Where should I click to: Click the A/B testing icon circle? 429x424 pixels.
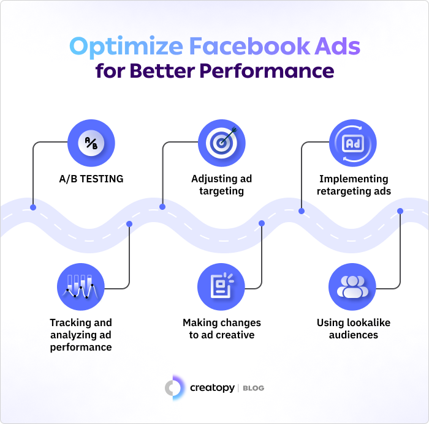(91, 143)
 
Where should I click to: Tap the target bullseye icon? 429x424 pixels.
(222, 143)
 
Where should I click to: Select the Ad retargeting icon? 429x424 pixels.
(353, 143)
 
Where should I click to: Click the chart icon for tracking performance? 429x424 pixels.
(81, 287)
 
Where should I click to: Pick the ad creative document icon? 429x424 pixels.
(221, 287)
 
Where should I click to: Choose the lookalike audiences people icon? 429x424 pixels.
(352, 287)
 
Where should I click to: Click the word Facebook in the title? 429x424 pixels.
(249, 46)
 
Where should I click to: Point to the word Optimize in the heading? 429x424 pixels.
(126, 47)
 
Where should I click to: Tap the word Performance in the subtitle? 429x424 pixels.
(267, 71)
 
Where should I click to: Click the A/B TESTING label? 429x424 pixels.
(91, 179)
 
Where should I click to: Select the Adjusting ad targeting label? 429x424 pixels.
(222, 185)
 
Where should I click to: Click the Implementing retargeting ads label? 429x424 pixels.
(354, 185)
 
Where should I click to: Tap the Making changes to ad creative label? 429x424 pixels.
(222, 329)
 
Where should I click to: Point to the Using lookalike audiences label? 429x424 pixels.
(354, 329)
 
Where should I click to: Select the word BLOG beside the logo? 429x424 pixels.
(253, 388)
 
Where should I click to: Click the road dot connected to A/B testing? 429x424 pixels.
(33, 207)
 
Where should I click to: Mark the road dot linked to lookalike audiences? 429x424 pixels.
(400, 211)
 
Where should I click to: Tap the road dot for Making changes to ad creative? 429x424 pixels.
(262, 223)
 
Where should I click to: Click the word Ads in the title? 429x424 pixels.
(337, 46)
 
